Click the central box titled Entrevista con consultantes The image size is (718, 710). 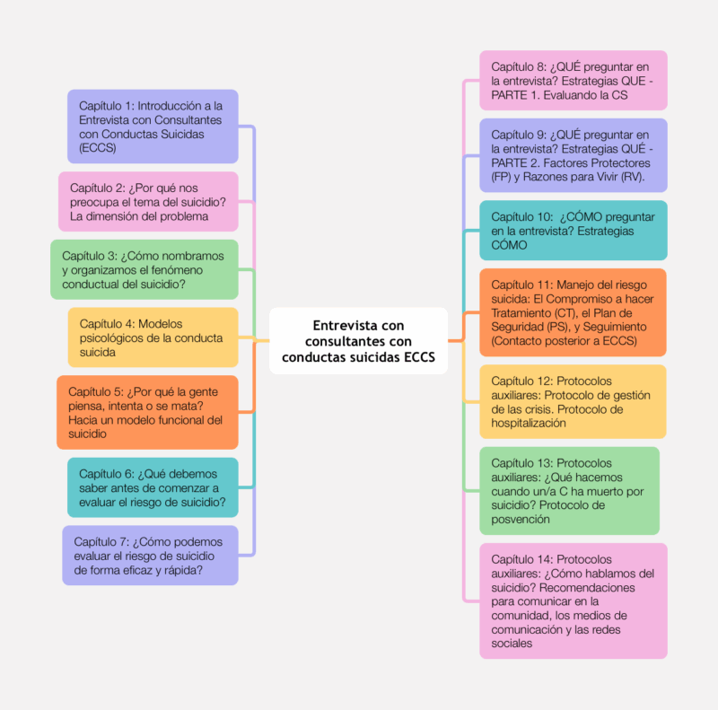coord(358,341)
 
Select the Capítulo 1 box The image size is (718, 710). coord(153,127)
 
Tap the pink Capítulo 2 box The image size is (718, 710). coord(148,202)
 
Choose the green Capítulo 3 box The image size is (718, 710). coord(144,269)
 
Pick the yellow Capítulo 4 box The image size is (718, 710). coord(153,337)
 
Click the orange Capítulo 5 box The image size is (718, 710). coord(147,412)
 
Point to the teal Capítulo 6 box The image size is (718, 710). coord(153,487)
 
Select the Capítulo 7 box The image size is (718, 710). coord(150,556)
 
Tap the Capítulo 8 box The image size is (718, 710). coord(574,80)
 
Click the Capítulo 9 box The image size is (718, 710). coord(574,155)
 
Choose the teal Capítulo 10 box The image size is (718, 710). coord(574,231)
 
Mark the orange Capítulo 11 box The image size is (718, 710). coord(573,312)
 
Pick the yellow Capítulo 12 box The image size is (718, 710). coord(573,402)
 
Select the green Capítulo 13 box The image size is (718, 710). coord(570,491)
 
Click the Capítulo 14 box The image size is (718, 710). coord(574,601)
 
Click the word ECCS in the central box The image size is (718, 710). coord(419,357)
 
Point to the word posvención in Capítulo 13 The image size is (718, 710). coord(521,520)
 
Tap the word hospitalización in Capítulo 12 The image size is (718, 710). coord(529,424)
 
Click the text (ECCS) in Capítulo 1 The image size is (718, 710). coord(98,148)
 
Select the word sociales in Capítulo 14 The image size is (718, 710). coord(512,644)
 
